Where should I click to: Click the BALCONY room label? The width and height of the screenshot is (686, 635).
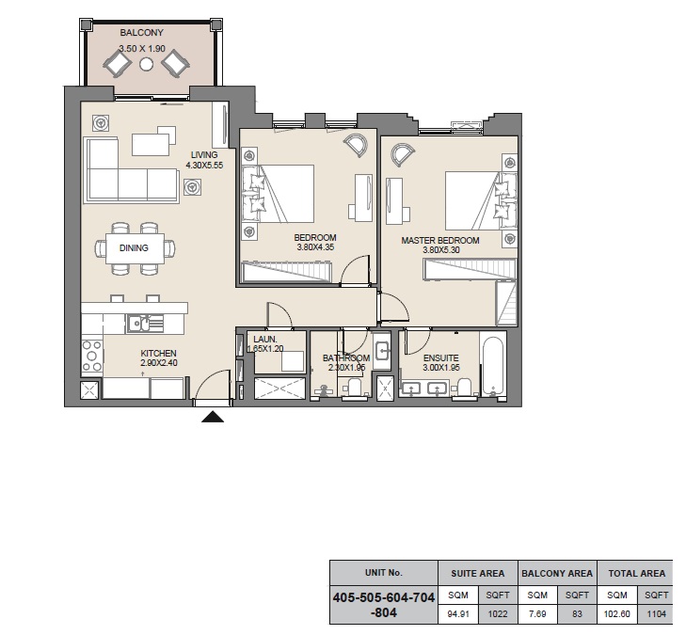(141, 33)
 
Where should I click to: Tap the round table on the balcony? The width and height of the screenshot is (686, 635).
(147, 64)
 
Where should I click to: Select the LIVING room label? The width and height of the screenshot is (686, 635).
(204, 155)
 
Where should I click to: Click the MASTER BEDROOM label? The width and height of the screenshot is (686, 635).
(440, 241)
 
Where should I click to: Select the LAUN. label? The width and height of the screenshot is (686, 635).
(265, 339)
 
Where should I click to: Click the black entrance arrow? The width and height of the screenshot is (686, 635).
(213, 417)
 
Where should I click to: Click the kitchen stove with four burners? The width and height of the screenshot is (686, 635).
(92, 357)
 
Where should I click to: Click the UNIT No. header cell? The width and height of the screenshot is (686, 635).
(383, 573)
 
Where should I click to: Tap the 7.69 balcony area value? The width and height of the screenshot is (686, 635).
(537, 613)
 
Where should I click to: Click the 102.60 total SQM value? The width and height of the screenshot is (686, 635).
(617, 613)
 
